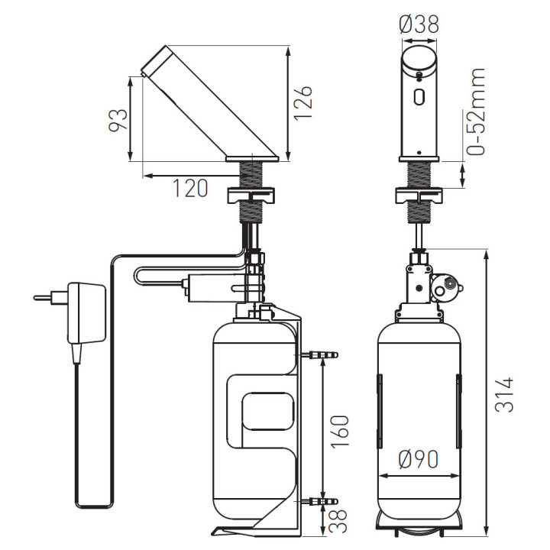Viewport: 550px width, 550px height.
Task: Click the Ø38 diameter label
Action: (419, 24)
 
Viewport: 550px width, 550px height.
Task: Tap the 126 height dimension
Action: (302, 103)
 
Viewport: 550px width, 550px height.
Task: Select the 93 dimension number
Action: (118, 121)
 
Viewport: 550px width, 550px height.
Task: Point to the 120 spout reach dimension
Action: (190, 188)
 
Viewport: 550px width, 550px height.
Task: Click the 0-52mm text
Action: (476, 112)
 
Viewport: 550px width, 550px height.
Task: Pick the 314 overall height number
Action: (504, 395)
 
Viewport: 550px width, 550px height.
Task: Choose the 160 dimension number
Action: (340, 432)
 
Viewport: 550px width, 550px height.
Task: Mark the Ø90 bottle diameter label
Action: (419, 459)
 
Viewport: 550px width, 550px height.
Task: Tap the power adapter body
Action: (86, 313)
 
